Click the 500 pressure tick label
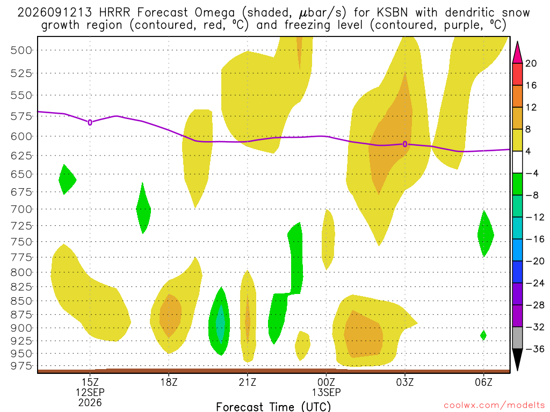pyautogui.click(x=21, y=50)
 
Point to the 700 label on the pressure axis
pyautogui.click(x=21, y=209)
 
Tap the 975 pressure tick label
pyautogui.click(x=21, y=366)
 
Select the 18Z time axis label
pyautogui.click(x=169, y=382)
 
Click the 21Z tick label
pyautogui.click(x=248, y=382)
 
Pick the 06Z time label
pyautogui.click(x=484, y=382)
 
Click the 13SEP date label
pyautogui.click(x=326, y=392)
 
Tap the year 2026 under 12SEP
pyautogui.click(x=90, y=403)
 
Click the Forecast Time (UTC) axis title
pyautogui.click(x=273, y=407)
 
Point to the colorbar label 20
pyautogui.click(x=531, y=63)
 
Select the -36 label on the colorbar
pyautogui.click(x=535, y=349)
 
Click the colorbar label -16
pyautogui.click(x=535, y=239)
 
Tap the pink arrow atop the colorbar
pyautogui.click(x=517, y=52)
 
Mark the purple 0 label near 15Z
pyautogui.click(x=90, y=123)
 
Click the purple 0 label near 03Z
pyautogui.click(x=405, y=144)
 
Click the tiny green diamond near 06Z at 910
pyautogui.click(x=483, y=335)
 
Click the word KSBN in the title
pyautogui.click(x=392, y=13)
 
